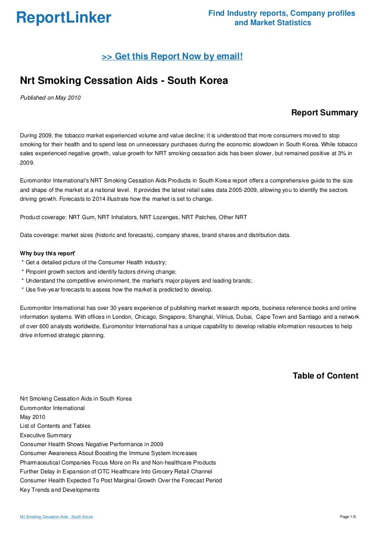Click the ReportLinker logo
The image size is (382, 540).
[63, 18]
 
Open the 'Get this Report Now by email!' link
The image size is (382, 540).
[172, 56]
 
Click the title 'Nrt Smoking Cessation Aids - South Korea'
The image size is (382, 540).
[124, 81]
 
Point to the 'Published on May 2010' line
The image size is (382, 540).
[50, 98]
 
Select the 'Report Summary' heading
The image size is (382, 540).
[324, 113]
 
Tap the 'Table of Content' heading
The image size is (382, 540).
[325, 376]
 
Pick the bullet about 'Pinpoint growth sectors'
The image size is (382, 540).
[99, 272]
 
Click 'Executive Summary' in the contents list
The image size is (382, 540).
[46, 435]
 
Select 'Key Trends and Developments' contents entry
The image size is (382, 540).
[59, 490]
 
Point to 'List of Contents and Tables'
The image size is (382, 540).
[55, 426]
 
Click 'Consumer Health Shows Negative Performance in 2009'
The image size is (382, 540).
[91, 444]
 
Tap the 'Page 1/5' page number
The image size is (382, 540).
[348, 517]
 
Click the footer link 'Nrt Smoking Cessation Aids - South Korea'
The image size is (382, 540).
[56, 517]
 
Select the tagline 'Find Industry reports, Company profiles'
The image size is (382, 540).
[282, 13]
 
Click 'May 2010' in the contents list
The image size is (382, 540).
[33, 417]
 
